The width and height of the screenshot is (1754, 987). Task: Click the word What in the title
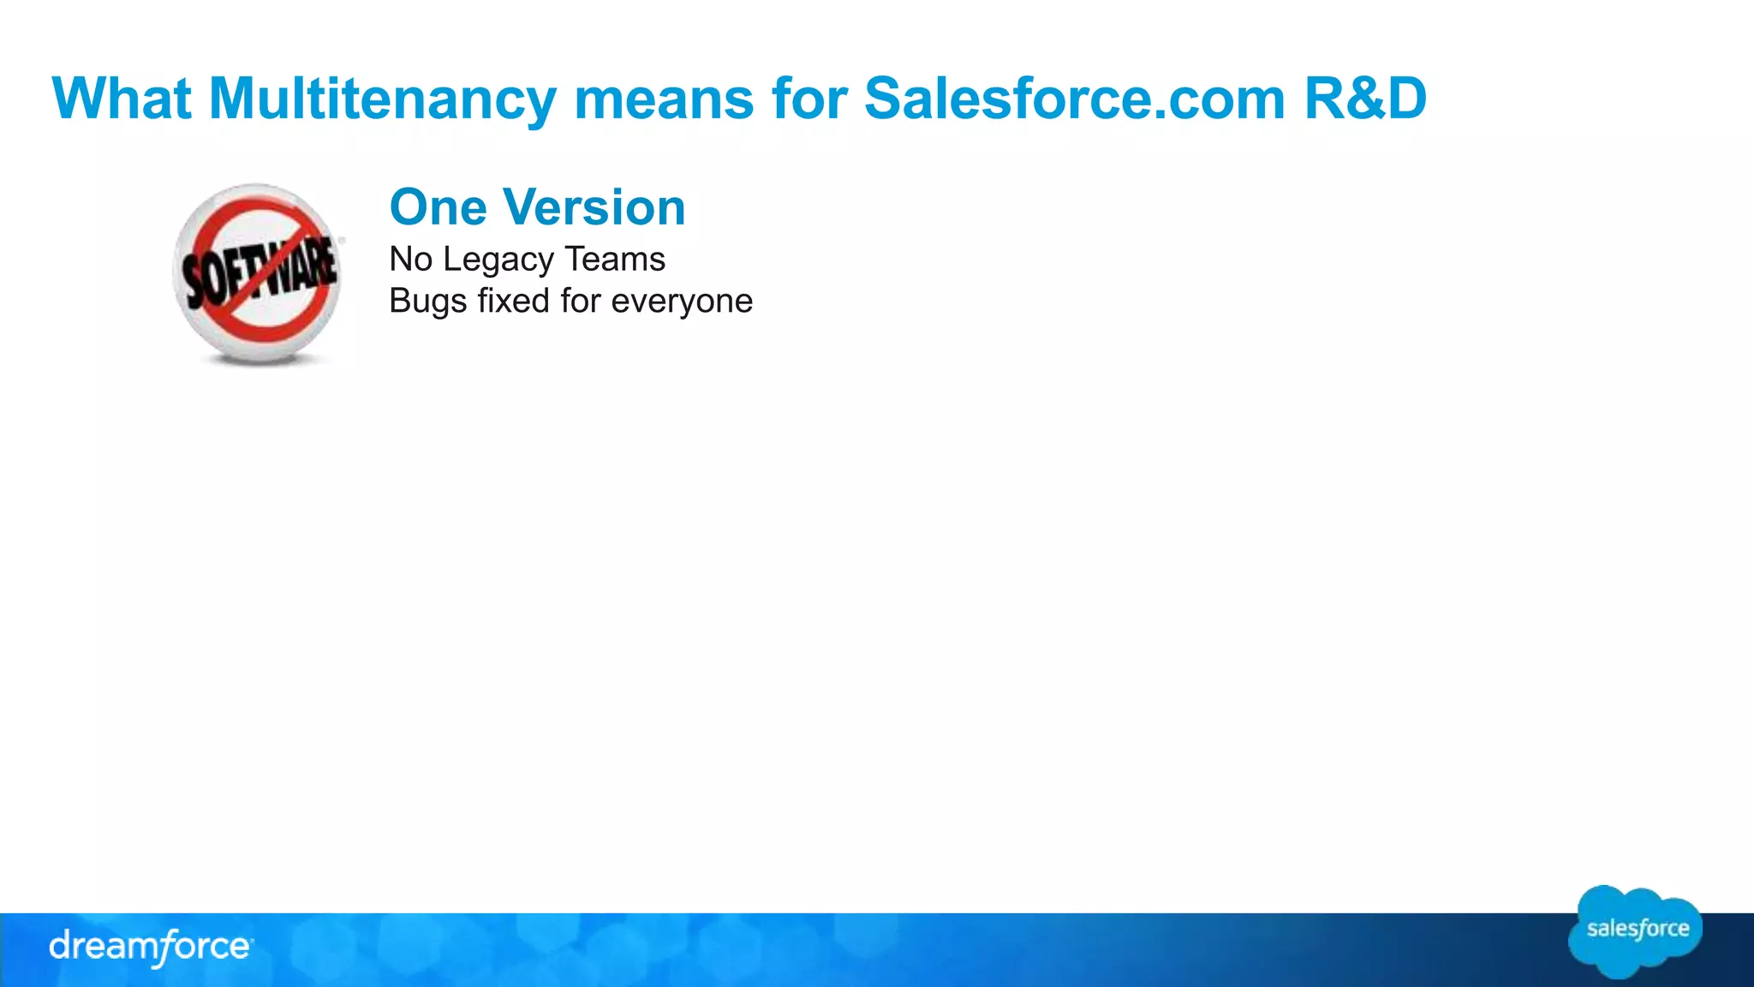coord(121,99)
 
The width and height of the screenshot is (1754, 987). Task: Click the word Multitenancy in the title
coord(382,99)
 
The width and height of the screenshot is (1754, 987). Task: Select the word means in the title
coord(664,99)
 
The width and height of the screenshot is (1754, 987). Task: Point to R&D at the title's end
coord(1365,99)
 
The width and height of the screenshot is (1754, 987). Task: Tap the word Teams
coord(615,260)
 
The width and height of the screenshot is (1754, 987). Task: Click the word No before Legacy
coord(410,260)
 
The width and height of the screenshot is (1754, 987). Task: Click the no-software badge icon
coord(258,274)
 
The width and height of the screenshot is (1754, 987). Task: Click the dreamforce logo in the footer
coord(150,947)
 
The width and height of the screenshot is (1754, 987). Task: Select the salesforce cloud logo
coord(1637,931)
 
